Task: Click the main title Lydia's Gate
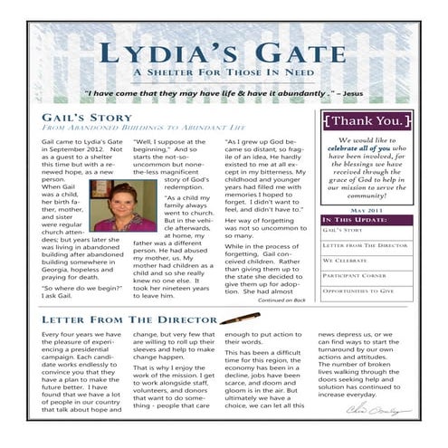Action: (224, 53)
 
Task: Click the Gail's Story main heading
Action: (87, 119)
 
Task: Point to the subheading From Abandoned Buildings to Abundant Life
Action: (131, 130)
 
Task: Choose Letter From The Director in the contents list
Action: (360, 245)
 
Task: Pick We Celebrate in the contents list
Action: (345, 261)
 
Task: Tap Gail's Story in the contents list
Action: (339, 230)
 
